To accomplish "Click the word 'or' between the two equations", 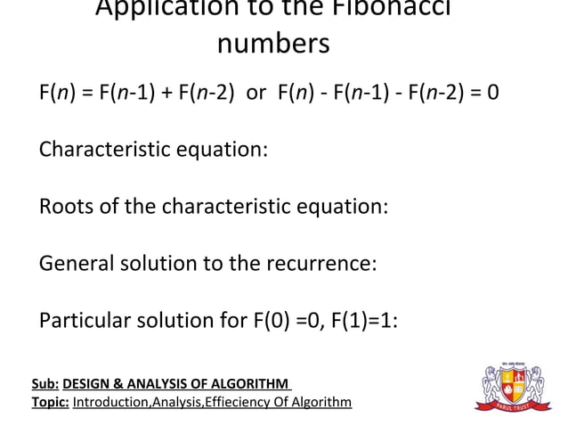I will [x=256, y=92].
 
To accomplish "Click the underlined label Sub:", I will [x=45, y=384].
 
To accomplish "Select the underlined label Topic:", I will [x=50, y=403].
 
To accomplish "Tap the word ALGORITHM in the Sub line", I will [x=248, y=384].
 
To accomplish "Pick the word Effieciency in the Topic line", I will [x=235, y=403].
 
